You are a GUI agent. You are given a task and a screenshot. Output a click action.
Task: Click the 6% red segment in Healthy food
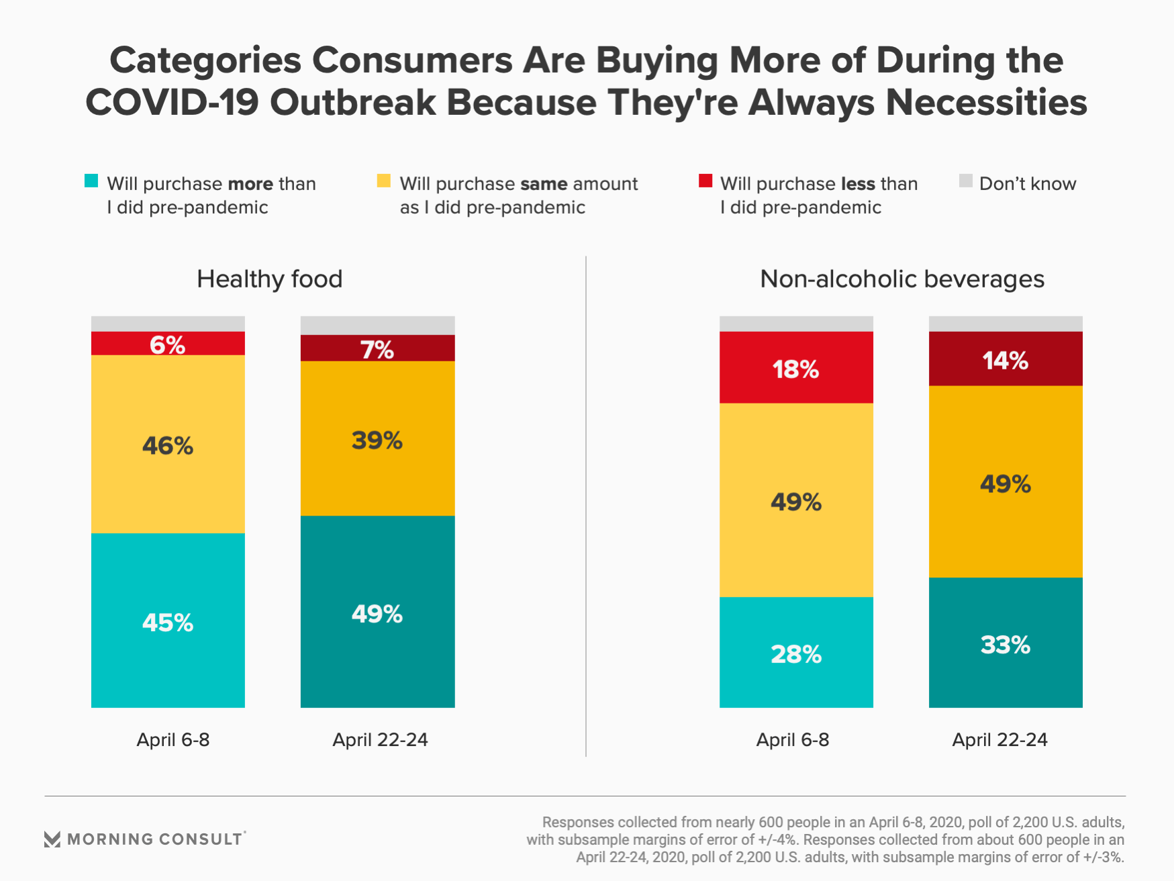pos(168,343)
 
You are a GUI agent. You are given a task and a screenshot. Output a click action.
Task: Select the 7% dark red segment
pos(377,348)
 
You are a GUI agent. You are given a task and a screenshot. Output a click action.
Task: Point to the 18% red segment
pos(796,367)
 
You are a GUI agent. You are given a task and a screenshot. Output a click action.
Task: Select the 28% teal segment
pos(796,652)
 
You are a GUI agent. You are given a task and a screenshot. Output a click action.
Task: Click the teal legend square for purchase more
pos(91,181)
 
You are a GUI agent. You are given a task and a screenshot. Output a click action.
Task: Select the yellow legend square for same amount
pos(384,181)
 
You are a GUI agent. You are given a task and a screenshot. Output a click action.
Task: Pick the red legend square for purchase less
pos(705,181)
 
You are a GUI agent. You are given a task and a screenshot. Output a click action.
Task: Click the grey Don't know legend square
pos(966,181)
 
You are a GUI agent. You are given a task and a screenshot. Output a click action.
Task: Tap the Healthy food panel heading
pos(270,279)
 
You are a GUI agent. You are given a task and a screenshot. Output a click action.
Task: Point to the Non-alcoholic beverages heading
pos(902,279)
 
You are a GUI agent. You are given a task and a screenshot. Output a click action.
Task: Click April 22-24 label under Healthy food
pos(380,739)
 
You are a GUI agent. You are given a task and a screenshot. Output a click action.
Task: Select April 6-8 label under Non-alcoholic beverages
pos(793,739)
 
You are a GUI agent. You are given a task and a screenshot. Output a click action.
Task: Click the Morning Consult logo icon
pos(52,839)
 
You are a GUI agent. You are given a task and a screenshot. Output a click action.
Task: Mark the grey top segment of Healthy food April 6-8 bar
pos(168,324)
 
